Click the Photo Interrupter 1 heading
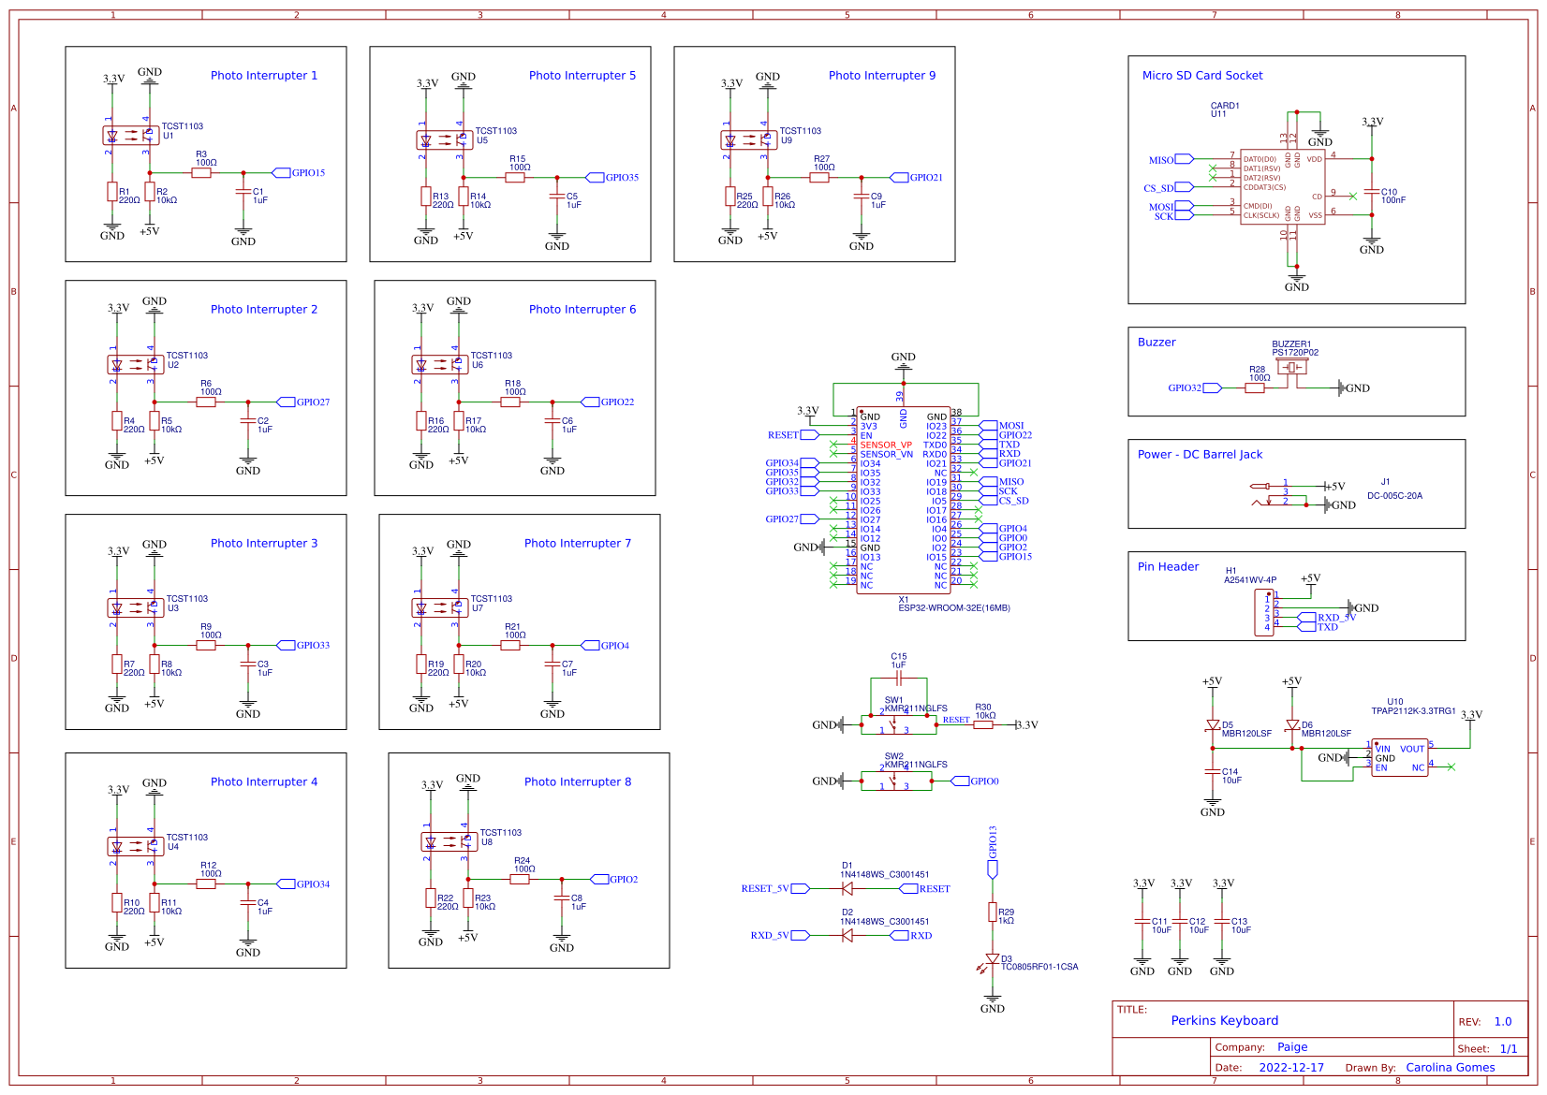click(263, 76)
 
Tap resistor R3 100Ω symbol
click(201, 173)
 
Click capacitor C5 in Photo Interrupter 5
click(557, 197)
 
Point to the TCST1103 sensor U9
click(748, 140)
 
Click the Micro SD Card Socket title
click(1201, 76)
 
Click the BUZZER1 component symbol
click(1292, 368)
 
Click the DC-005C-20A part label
click(1394, 496)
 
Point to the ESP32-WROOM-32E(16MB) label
click(953, 608)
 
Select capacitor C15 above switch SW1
click(898, 678)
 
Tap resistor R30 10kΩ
click(982, 724)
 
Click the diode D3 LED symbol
click(993, 959)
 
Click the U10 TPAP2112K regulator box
click(1400, 757)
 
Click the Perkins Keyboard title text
click(1224, 1021)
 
